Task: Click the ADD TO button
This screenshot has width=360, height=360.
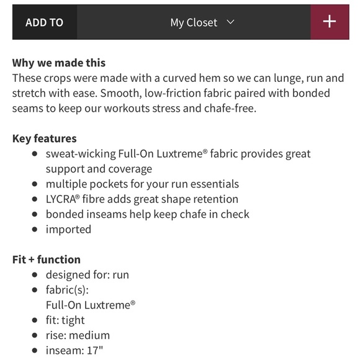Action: point(44,22)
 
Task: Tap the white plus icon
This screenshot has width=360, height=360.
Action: point(330,22)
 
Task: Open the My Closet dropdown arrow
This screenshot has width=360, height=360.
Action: point(231,22)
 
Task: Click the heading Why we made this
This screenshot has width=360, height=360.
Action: point(59,63)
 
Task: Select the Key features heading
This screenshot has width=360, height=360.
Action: point(45,138)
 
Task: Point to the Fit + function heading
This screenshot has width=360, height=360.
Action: point(47,259)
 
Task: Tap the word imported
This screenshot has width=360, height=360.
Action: point(68,229)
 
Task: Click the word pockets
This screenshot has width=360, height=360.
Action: point(107,184)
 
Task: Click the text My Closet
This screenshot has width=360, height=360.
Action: point(194,22)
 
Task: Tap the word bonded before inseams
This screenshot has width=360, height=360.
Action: point(65,214)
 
